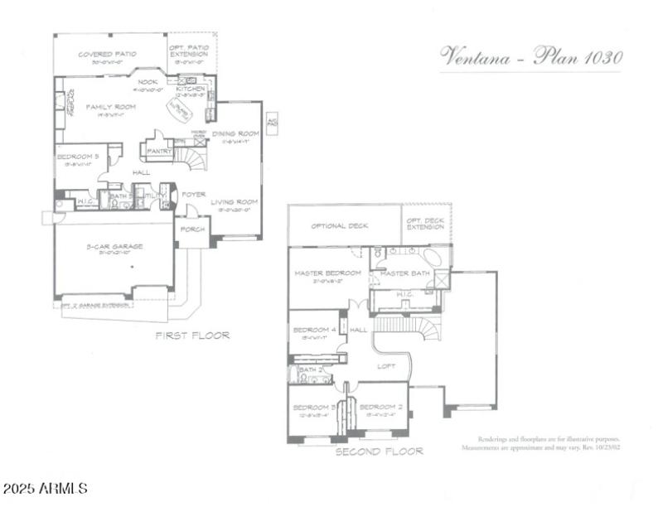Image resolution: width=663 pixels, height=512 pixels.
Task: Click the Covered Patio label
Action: (x=106, y=54)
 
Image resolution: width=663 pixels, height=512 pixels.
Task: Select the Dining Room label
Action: (x=235, y=133)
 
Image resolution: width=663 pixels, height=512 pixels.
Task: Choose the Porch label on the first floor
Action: (x=193, y=229)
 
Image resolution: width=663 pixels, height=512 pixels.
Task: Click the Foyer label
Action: (x=194, y=195)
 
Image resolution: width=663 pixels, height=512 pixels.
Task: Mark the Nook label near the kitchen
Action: (x=148, y=82)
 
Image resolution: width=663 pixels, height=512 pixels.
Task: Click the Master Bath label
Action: (x=404, y=273)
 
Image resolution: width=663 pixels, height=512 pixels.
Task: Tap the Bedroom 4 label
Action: (x=314, y=330)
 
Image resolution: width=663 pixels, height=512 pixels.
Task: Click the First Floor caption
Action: (x=192, y=336)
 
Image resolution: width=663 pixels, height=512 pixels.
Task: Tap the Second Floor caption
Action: (x=378, y=452)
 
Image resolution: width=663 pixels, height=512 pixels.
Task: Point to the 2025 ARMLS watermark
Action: (x=45, y=489)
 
